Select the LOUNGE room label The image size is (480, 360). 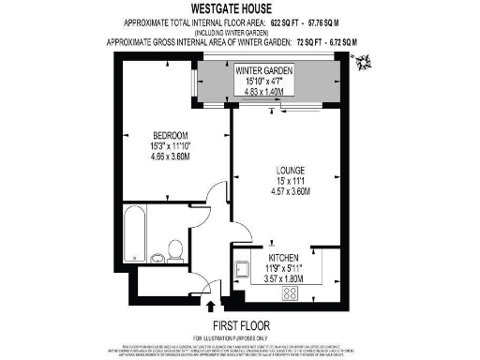pyautogui.click(x=281, y=171)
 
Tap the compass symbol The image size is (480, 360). pyautogui.click(x=361, y=61)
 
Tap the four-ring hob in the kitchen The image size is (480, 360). pyautogui.click(x=290, y=292)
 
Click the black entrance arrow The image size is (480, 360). pyautogui.click(x=210, y=302)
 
